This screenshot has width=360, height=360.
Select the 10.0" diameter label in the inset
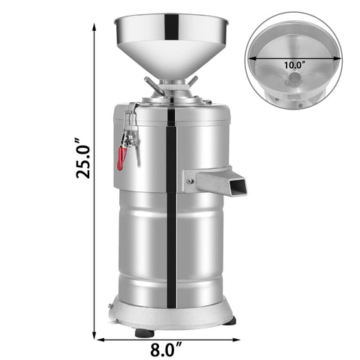pyautogui.click(x=293, y=64)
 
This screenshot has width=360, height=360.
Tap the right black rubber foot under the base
pyautogui.click(x=229, y=320)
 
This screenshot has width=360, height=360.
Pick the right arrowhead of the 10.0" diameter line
pyautogui.click(x=334, y=57)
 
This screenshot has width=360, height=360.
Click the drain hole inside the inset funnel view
pyautogui.click(x=293, y=77)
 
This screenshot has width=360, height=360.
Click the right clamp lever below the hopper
pyautogui.click(x=192, y=80)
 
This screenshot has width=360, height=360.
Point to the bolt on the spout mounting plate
pyautogui.click(x=191, y=179)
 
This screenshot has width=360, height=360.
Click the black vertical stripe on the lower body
pyautogui.click(x=171, y=247)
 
